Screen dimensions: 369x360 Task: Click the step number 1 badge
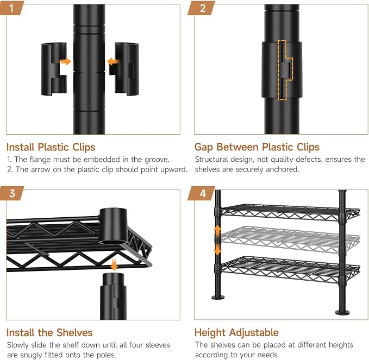click(x=11, y=8)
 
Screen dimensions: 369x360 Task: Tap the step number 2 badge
click(x=202, y=8)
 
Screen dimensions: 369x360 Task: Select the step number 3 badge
click(x=12, y=193)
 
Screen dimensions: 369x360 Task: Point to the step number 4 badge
click(x=202, y=193)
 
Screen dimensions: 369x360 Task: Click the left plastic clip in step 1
click(x=54, y=69)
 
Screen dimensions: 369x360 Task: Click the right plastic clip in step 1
click(x=124, y=69)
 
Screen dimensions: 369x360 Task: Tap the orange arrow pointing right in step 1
click(x=65, y=61)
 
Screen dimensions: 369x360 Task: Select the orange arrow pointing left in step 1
click(x=113, y=62)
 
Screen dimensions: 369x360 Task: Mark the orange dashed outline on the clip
click(x=285, y=70)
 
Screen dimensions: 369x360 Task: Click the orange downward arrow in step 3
click(x=114, y=264)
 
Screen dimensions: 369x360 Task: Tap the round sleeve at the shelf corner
click(x=113, y=226)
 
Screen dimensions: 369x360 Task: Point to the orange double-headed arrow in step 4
click(x=217, y=240)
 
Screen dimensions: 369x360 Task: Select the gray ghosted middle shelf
click(x=290, y=239)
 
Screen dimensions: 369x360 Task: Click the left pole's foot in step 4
click(x=218, y=297)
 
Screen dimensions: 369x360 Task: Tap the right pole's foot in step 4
click(x=342, y=312)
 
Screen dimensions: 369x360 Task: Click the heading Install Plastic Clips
click(x=51, y=147)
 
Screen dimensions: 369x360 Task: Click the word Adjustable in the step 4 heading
click(x=254, y=333)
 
